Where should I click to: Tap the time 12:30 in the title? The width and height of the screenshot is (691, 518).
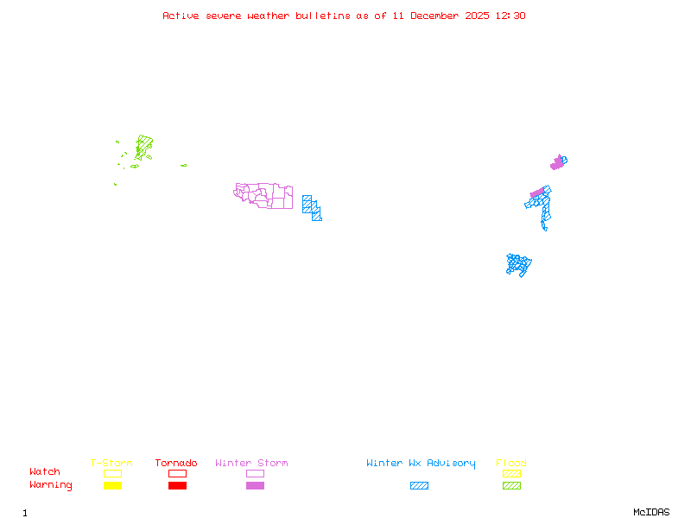coord(509,16)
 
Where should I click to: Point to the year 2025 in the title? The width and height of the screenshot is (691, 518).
coord(476,16)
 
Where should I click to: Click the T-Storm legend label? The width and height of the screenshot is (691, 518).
coord(111,464)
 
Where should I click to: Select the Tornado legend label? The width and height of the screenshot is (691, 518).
coord(176,464)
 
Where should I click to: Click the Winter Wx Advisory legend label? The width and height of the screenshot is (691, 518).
coord(421,464)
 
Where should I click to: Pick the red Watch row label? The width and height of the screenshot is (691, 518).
coord(45,472)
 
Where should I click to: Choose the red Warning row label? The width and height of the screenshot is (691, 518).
coord(51,485)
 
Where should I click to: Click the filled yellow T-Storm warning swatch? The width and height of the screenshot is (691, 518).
coord(112,486)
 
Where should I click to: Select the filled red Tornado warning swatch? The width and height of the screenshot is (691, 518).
coord(177,486)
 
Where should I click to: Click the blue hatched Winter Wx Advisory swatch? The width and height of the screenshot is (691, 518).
coord(419,486)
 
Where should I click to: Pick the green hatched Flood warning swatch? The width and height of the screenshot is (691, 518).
coord(511,486)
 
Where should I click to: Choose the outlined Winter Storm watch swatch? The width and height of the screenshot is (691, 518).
coord(255,473)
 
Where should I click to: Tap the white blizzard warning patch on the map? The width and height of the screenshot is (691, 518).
coord(549,230)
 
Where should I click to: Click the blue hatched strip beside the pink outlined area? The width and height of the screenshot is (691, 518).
coord(312,207)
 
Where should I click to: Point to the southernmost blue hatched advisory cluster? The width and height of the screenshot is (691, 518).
coord(518,264)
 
